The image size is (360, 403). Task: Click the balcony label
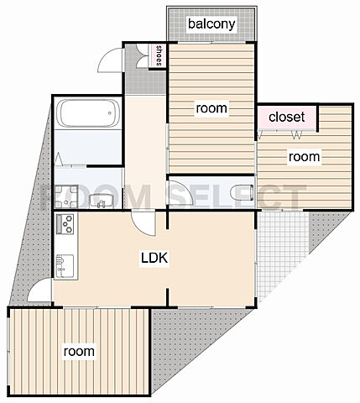(211, 24)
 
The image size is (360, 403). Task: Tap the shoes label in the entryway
(159, 55)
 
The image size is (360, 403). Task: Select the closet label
(286, 117)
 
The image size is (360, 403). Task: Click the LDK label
(154, 258)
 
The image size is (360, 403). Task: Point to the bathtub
(88, 113)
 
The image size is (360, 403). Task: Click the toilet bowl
(243, 193)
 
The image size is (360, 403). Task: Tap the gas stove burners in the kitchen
(65, 224)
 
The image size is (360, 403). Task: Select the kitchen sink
(65, 266)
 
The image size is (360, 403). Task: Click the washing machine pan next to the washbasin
(66, 196)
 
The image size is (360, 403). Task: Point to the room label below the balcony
(211, 108)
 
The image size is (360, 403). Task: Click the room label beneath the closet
(304, 157)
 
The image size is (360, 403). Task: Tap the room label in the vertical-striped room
(79, 351)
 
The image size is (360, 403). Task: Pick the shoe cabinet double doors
(143, 56)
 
